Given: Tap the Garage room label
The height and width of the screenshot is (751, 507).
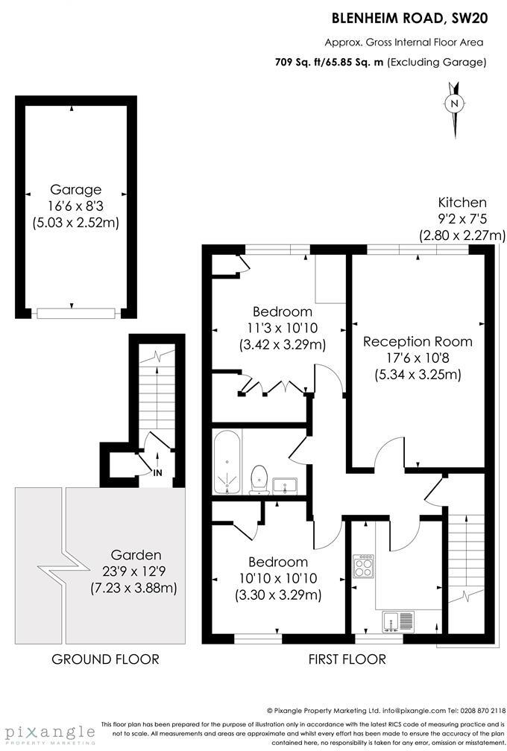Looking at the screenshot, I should [x=75, y=189].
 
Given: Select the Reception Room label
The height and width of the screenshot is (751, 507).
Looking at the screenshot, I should [x=418, y=342].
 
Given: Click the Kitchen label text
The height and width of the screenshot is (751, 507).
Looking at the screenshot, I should [x=462, y=203].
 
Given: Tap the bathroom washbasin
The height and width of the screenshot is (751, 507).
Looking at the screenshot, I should [x=284, y=485].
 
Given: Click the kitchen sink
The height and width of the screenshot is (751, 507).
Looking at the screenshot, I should [x=397, y=620].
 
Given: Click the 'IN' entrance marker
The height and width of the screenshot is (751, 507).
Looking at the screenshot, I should [x=157, y=472].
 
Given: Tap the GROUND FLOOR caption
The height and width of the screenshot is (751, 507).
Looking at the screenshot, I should [x=105, y=659].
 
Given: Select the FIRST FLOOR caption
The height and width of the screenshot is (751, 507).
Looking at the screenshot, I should [x=347, y=659].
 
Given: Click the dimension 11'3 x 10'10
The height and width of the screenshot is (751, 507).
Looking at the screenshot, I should [x=281, y=328].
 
